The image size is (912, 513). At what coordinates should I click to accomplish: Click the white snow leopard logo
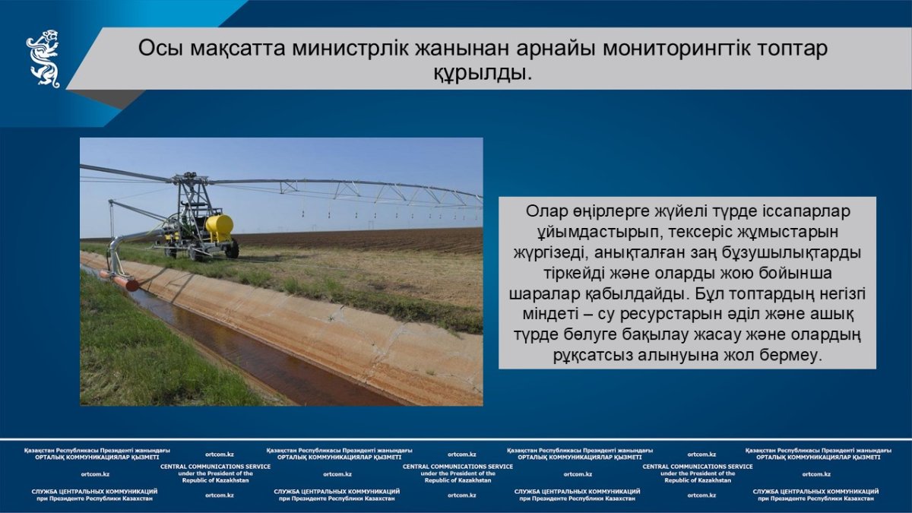coord(43,59)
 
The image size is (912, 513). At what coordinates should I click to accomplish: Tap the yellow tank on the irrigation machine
coord(220,229)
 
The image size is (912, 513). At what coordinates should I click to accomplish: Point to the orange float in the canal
coord(121,280)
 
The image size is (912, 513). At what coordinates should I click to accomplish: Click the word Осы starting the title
coord(161,49)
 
